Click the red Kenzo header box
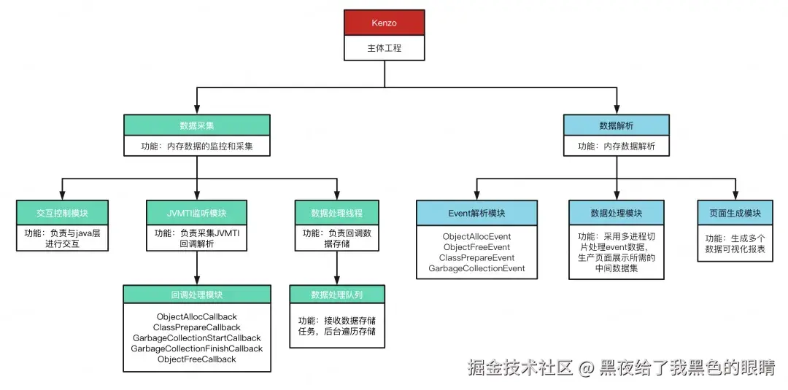click(384, 23)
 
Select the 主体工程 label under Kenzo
click(384, 49)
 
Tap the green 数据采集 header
click(196, 125)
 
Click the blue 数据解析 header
click(617, 125)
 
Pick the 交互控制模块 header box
click(62, 213)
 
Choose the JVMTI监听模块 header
click(196, 213)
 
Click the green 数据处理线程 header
click(336, 213)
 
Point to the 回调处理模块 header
click(196, 295)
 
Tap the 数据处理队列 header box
click(336, 295)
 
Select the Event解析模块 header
click(476, 213)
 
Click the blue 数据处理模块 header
click(617, 213)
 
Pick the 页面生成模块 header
click(735, 213)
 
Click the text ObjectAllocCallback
click(196, 317)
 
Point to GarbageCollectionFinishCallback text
click(196, 348)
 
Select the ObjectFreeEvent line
click(476, 247)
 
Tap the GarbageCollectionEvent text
click(476, 268)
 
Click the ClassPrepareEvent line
click(476, 258)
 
